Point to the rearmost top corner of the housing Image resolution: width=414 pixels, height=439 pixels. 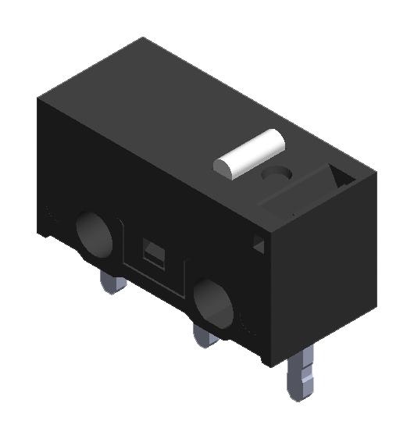click(x=142, y=37)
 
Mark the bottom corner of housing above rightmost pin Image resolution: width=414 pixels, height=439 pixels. click(x=269, y=365)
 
